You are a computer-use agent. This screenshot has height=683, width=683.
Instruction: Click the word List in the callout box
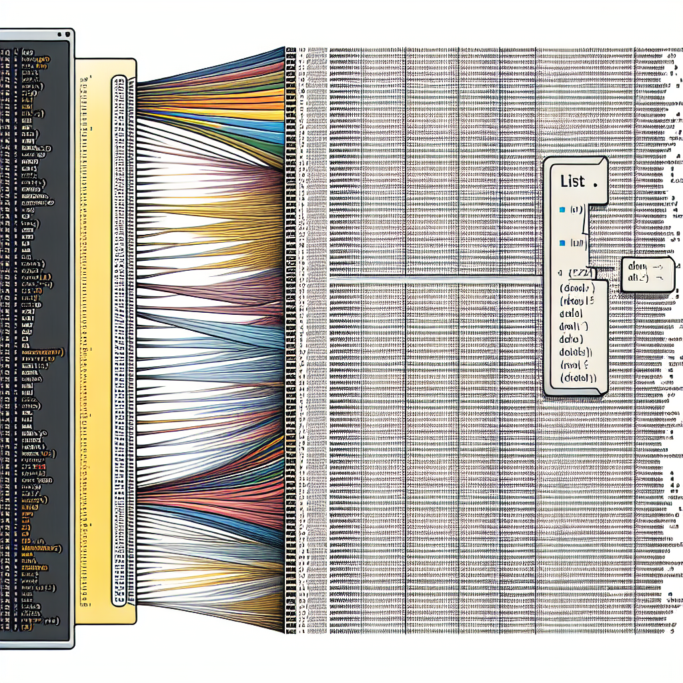572,181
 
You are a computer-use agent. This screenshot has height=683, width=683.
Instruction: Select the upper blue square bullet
562,210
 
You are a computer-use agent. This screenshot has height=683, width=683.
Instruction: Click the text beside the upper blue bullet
576,210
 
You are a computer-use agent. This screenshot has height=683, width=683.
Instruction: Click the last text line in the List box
577,378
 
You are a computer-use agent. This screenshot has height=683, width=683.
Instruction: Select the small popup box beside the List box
646,274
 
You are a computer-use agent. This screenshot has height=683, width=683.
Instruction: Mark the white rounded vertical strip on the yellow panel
119,340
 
